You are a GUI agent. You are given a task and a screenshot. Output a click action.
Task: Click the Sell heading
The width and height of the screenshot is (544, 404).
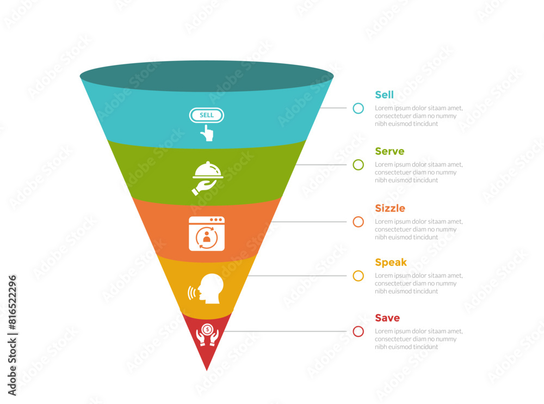pos(384,95)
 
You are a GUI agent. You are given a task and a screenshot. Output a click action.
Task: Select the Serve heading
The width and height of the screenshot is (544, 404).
pos(390,151)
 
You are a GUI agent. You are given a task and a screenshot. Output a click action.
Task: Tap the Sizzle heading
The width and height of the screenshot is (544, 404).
pos(390,208)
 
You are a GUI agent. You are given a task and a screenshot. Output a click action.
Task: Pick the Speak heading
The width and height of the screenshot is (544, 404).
pos(391,262)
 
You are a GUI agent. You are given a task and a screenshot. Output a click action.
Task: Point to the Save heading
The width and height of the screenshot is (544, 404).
pos(387,318)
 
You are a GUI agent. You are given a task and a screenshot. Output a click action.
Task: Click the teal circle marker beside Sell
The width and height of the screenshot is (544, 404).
pos(358,108)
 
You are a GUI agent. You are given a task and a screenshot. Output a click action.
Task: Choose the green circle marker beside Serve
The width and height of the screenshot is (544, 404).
pos(358,164)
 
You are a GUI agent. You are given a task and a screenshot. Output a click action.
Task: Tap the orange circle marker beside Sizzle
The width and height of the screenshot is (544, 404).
pos(358,222)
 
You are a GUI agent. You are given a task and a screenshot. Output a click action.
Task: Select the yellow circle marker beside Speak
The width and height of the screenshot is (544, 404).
pos(358,276)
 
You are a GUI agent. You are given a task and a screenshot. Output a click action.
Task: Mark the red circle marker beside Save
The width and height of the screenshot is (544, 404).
pos(358,331)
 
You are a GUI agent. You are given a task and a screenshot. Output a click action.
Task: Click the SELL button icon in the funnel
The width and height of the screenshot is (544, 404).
pos(207,115)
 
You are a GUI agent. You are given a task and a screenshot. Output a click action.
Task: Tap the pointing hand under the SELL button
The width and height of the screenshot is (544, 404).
pos(207,133)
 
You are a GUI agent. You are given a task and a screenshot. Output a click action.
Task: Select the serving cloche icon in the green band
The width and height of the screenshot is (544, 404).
pos(207,177)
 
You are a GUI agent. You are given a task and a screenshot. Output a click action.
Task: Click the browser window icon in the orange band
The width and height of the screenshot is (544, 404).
pos(207,234)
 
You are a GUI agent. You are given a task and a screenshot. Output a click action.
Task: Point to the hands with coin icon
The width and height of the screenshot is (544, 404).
pos(207,335)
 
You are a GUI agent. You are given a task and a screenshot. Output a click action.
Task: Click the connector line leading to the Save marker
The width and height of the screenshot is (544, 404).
pos(288,331)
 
